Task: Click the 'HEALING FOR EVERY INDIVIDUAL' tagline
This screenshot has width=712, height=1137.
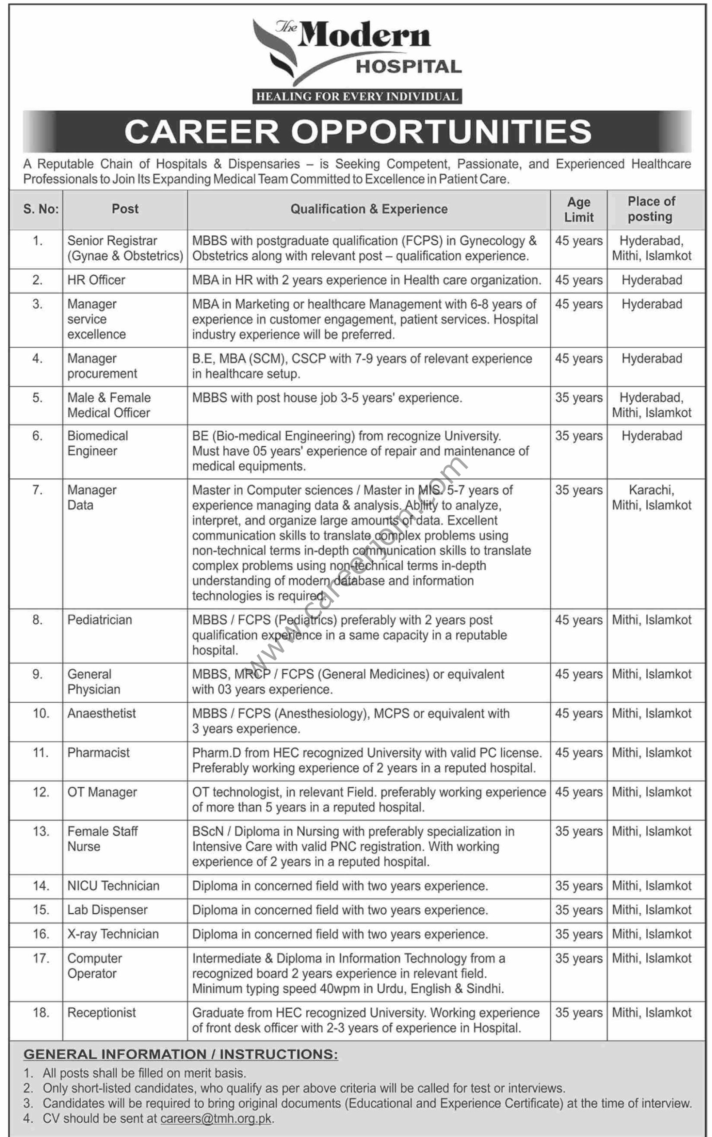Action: point(357,96)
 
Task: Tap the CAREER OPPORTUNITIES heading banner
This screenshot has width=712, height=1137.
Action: point(357,131)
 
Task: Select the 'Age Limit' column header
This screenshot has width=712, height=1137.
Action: point(579,210)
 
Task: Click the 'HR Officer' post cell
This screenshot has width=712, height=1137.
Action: point(96,280)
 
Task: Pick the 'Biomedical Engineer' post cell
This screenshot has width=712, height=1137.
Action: point(98,443)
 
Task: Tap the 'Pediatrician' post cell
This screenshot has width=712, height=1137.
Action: point(99,620)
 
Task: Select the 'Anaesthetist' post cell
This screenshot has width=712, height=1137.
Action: point(101,713)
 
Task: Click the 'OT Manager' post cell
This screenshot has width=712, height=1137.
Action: point(102,792)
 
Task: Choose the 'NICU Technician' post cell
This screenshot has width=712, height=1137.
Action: point(113,886)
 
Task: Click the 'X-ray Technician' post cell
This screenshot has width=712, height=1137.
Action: point(113,934)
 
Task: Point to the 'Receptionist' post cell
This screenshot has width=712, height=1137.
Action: point(101,1013)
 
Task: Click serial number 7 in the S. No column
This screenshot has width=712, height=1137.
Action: point(37,490)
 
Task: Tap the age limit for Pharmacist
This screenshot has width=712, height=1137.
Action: point(579,752)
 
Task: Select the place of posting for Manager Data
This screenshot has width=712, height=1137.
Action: point(651,497)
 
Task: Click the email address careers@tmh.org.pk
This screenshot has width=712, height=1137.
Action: point(216,1119)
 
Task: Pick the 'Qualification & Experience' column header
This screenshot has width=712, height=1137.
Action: point(369,209)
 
